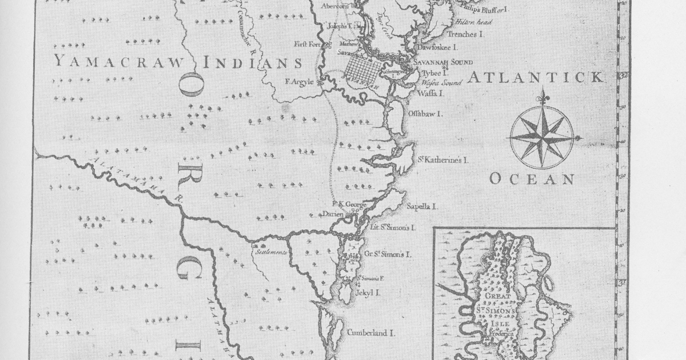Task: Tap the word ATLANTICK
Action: click(535, 78)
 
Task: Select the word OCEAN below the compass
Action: click(531, 179)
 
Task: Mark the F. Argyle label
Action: click(299, 82)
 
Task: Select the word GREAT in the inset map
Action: click(499, 298)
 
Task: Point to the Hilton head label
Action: click(473, 22)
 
